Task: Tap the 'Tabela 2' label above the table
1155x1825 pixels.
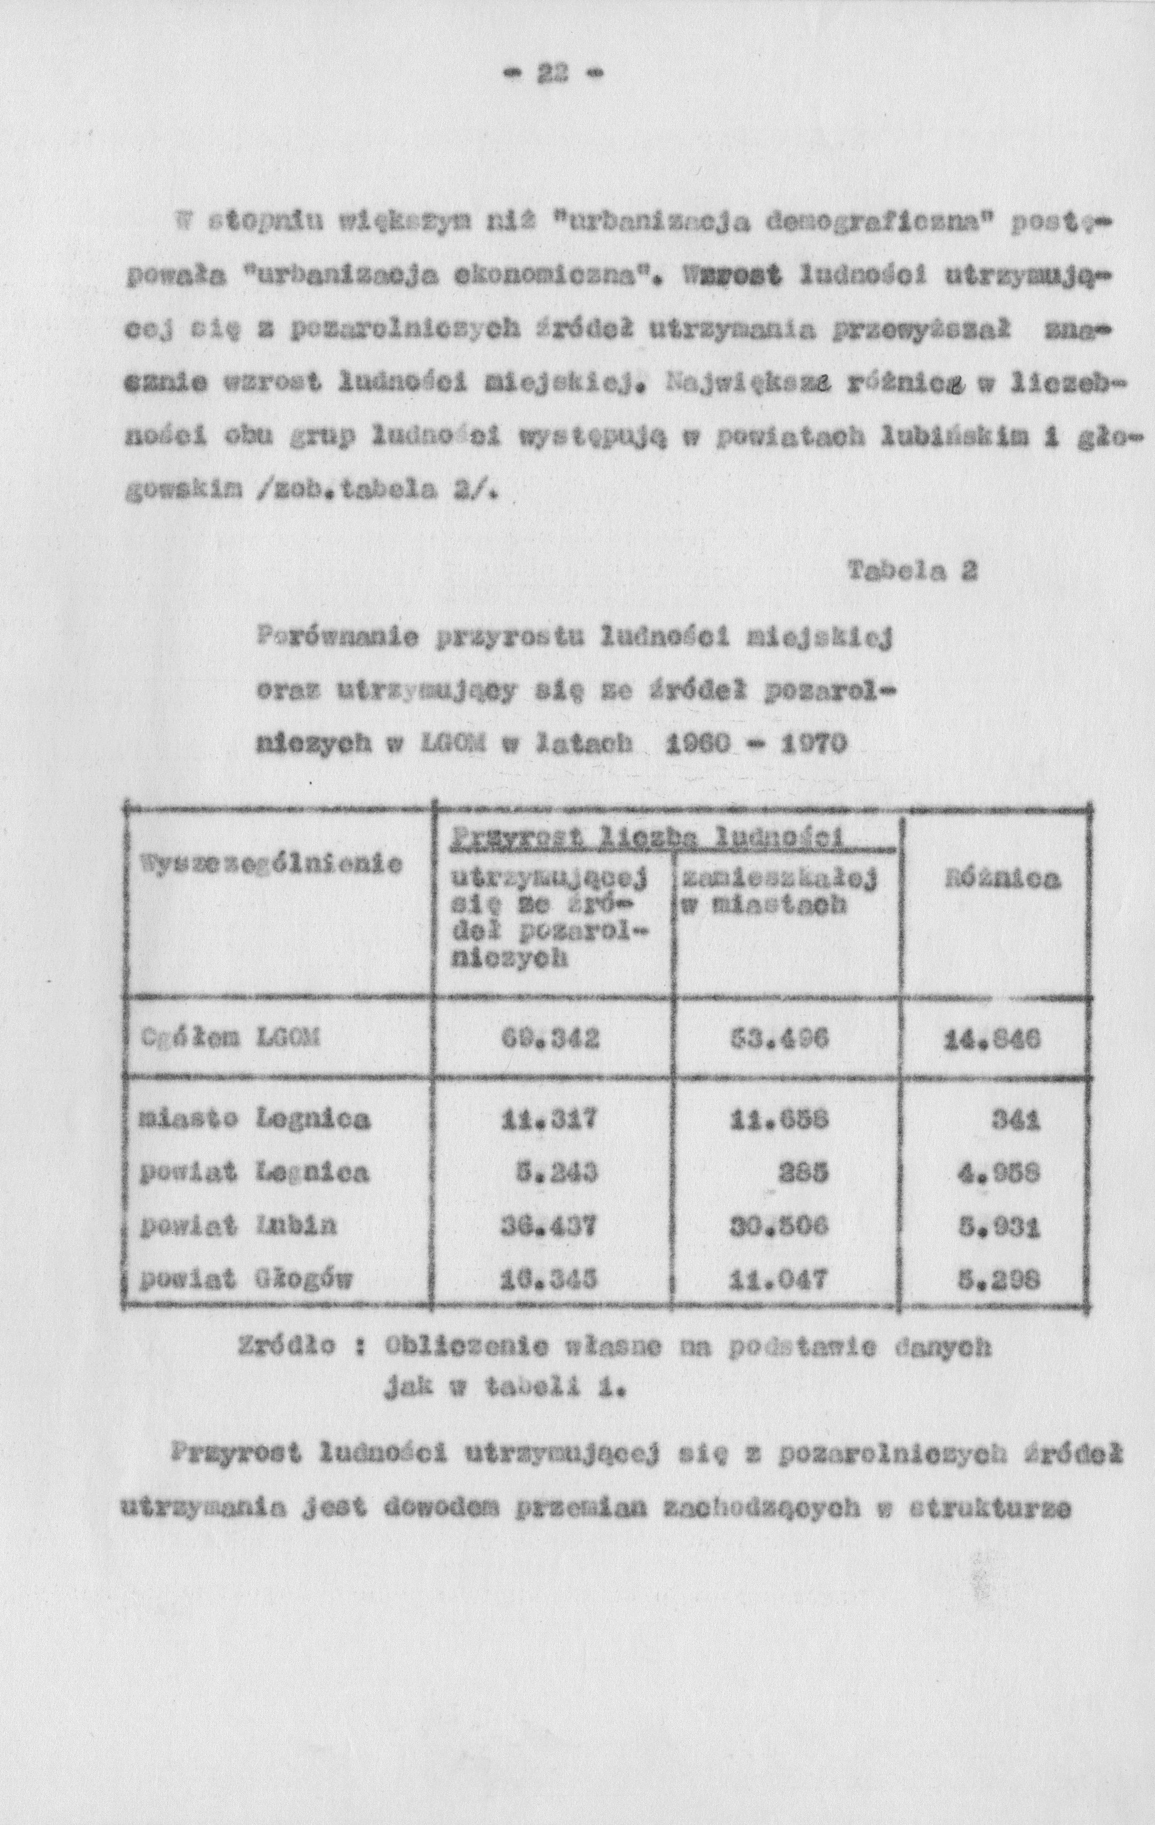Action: pos(914,571)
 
